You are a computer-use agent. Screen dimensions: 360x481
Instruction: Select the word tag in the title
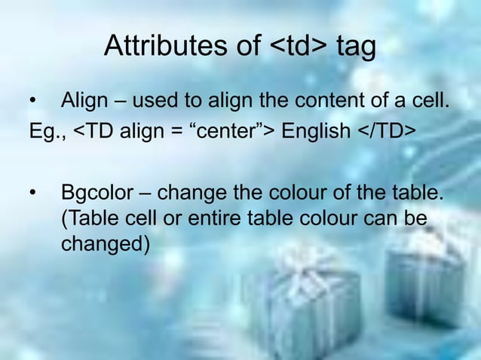(x=355, y=47)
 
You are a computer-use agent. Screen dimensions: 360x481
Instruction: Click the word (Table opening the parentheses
(x=89, y=219)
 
